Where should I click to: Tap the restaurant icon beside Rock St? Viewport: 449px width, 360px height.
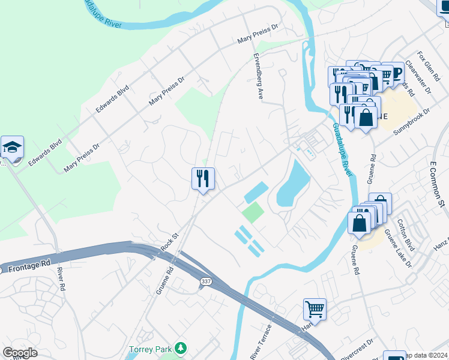[203, 178]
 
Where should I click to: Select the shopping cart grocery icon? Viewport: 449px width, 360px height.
[315, 310]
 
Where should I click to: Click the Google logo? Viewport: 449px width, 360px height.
[20, 353]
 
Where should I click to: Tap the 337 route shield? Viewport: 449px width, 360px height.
[205, 281]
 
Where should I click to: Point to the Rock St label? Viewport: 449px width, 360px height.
[169, 242]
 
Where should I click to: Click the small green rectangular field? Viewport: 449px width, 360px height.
[253, 212]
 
